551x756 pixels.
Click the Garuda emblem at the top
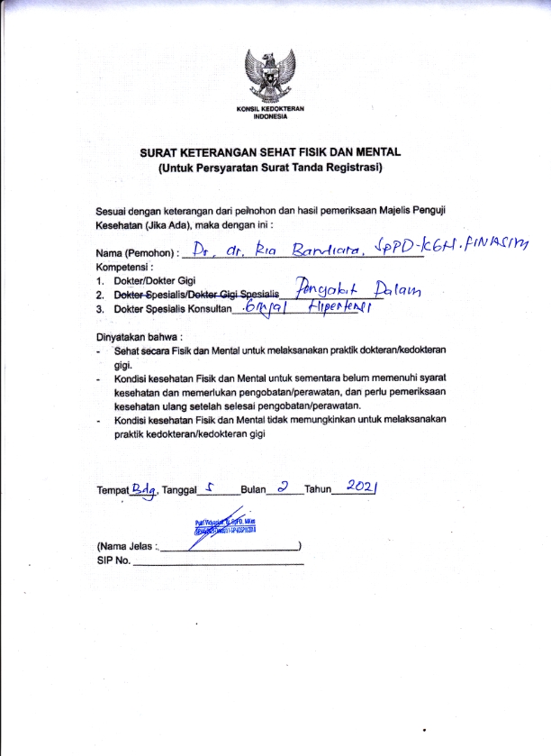[275, 77]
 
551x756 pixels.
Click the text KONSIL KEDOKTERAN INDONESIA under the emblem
[275, 113]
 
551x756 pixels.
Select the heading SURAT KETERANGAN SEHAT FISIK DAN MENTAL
[269, 153]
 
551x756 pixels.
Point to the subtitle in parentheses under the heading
[270, 168]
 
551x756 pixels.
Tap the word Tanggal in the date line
[179, 491]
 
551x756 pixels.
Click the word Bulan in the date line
[255, 491]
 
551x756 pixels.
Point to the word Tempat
[113, 491]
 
